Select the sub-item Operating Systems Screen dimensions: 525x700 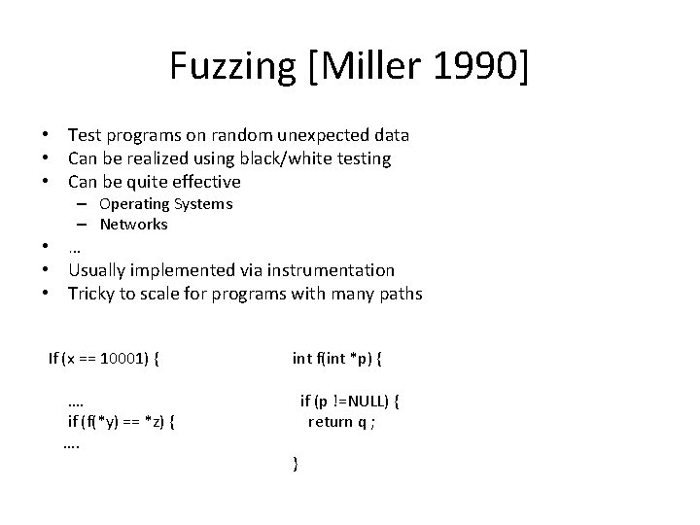click(165, 204)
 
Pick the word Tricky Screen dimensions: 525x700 click(90, 294)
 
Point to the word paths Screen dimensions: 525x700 click(400, 294)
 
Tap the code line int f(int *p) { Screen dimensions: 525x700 click(336, 358)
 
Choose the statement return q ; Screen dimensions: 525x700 click(342, 421)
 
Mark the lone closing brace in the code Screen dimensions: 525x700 click(295, 465)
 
